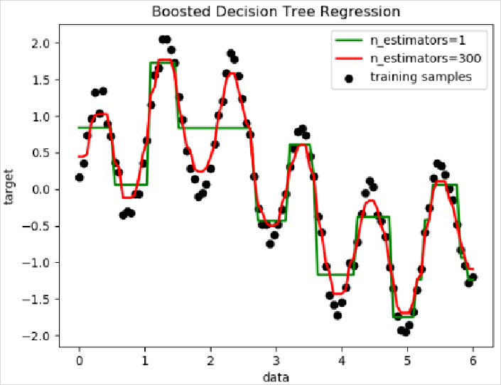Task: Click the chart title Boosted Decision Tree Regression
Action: pyautogui.click(x=276, y=12)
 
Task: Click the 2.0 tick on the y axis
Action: pyautogui.click(x=40, y=43)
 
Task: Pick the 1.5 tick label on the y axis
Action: pyautogui.click(x=40, y=80)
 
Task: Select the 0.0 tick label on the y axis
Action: pyautogui.click(x=40, y=190)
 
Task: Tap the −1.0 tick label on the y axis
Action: pyautogui.click(x=37, y=263)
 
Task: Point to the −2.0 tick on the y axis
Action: pyautogui.click(x=37, y=336)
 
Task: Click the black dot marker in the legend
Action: pyautogui.click(x=348, y=77)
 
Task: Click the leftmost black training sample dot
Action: pyautogui.click(x=79, y=178)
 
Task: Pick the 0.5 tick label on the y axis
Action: pyautogui.click(x=40, y=153)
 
